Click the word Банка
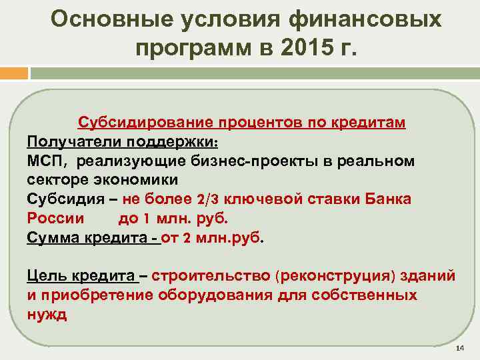tap(387, 199)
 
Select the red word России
tap(55, 218)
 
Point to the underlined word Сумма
tap(51, 237)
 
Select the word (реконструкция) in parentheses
tap(331, 276)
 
